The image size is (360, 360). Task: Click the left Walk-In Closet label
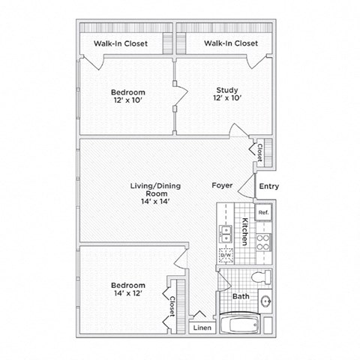pos(121,43)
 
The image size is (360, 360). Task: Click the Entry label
pos(267,187)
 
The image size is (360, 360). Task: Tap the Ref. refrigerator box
pos(263,213)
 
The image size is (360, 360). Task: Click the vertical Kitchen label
pos(245,232)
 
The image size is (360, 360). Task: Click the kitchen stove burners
pos(263,241)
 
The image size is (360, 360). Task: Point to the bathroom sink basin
pos(266,301)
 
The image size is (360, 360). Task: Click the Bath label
pos(241,297)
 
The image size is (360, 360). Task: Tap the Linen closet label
pos(201,328)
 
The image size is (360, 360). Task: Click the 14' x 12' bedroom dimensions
pos(128,294)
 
